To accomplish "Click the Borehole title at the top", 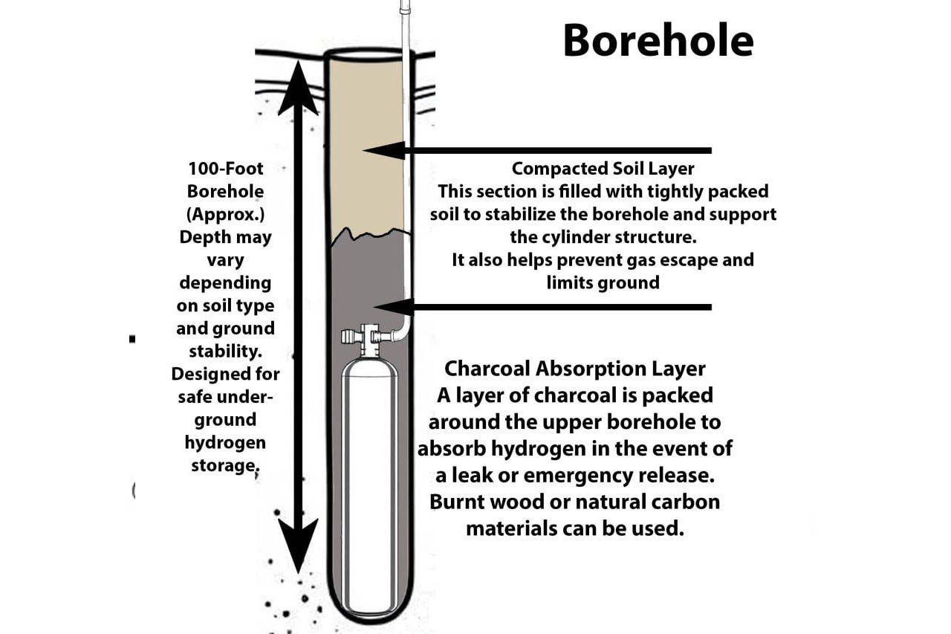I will (x=658, y=40).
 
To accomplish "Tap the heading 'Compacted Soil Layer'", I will (x=603, y=169).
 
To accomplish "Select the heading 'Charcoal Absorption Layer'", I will (x=574, y=369).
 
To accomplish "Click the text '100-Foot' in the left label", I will (x=225, y=168).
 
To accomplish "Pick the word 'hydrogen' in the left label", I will (x=225, y=442).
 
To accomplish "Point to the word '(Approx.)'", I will (x=225, y=214).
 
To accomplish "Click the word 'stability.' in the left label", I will (x=225, y=350).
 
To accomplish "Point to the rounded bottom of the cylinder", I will (x=369, y=606).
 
